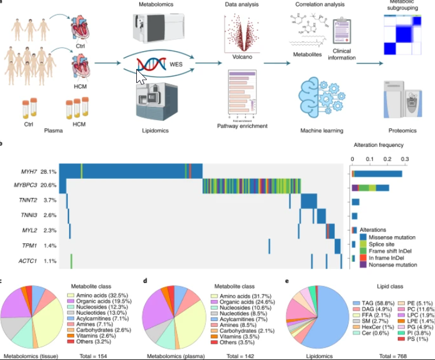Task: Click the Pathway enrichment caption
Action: [x=242, y=125]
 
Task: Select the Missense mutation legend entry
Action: [x=389, y=237]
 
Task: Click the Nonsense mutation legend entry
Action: [x=390, y=265]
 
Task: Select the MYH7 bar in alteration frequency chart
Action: [x=378, y=172]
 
